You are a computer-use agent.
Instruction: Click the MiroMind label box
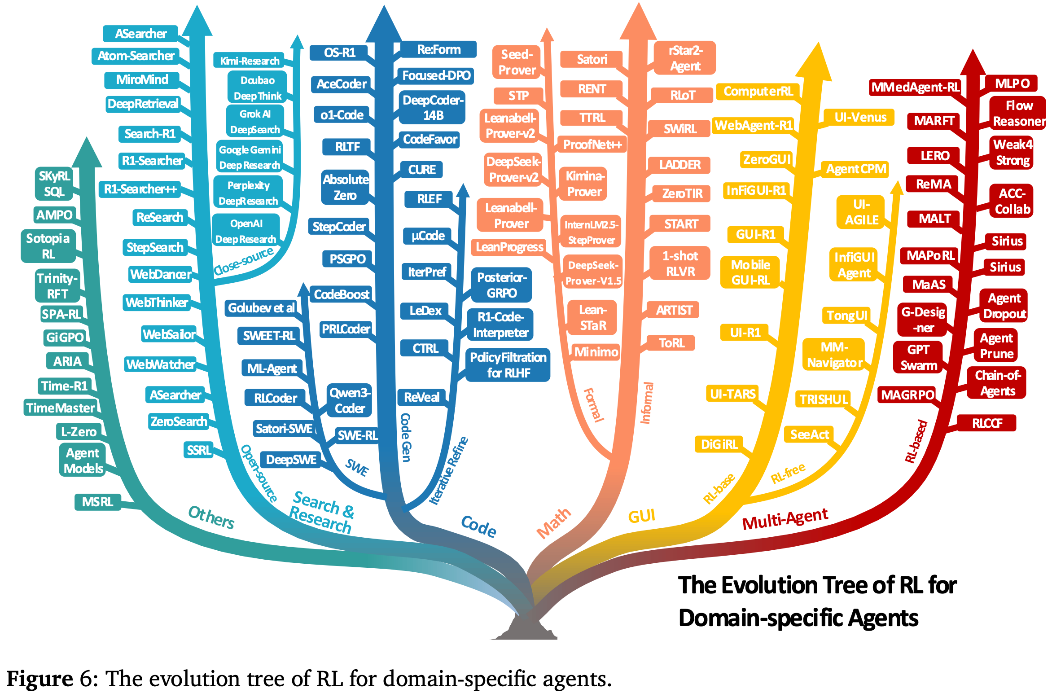click(142, 80)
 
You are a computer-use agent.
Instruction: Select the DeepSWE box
click(291, 460)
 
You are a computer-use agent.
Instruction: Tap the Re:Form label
click(438, 49)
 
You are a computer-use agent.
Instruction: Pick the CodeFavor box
click(430, 140)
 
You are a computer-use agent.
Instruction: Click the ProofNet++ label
click(592, 145)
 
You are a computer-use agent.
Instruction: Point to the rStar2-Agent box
click(685, 58)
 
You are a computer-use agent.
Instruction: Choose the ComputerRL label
click(758, 92)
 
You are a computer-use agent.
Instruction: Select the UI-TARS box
click(732, 394)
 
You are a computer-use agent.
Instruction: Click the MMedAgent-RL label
click(915, 87)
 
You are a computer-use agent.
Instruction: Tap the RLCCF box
click(986, 423)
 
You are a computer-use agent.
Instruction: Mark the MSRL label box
click(97, 502)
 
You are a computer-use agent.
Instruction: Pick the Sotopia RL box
click(48, 246)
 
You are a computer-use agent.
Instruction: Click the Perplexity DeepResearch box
click(248, 193)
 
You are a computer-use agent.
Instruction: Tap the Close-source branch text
click(243, 261)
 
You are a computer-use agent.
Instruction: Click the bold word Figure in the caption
click(39, 679)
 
